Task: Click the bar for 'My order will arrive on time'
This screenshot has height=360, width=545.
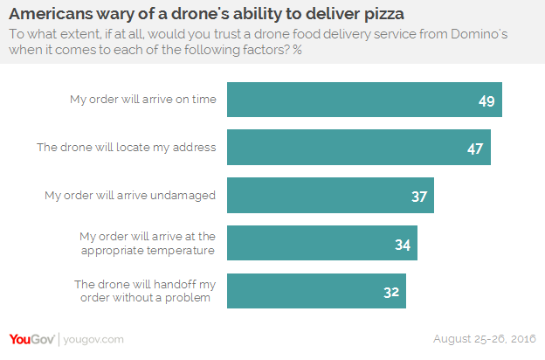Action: pos(364,100)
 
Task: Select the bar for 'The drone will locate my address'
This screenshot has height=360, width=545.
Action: pos(359,147)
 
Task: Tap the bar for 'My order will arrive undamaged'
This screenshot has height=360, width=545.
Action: pos(330,195)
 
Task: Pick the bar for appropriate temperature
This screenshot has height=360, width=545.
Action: pos(322,243)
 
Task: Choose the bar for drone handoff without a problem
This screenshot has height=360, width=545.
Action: pos(316,290)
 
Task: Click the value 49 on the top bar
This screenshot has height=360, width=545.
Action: pos(486,101)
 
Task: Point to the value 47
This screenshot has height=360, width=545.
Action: pos(475,149)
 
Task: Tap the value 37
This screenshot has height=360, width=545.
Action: pos(419,197)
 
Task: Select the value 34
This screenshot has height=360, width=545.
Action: pos(403,245)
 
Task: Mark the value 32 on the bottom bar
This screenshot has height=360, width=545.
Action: pos(391,292)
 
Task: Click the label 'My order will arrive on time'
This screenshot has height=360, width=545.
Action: pos(142,99)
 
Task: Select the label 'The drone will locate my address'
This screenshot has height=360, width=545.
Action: pos(126,147)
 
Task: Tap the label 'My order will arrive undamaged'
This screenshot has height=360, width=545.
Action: pos(130,195)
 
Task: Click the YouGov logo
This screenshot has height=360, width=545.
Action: pos(32,339)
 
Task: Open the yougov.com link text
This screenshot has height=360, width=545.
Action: pos(93,339)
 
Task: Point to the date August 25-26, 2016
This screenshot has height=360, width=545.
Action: pos(485,339)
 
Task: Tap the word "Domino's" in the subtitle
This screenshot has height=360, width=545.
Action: pos(500,32)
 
